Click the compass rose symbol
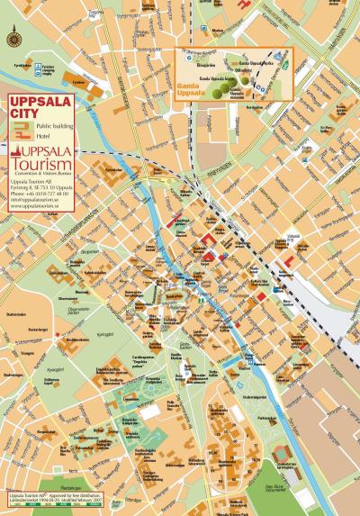13,38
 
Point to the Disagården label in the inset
206,65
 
